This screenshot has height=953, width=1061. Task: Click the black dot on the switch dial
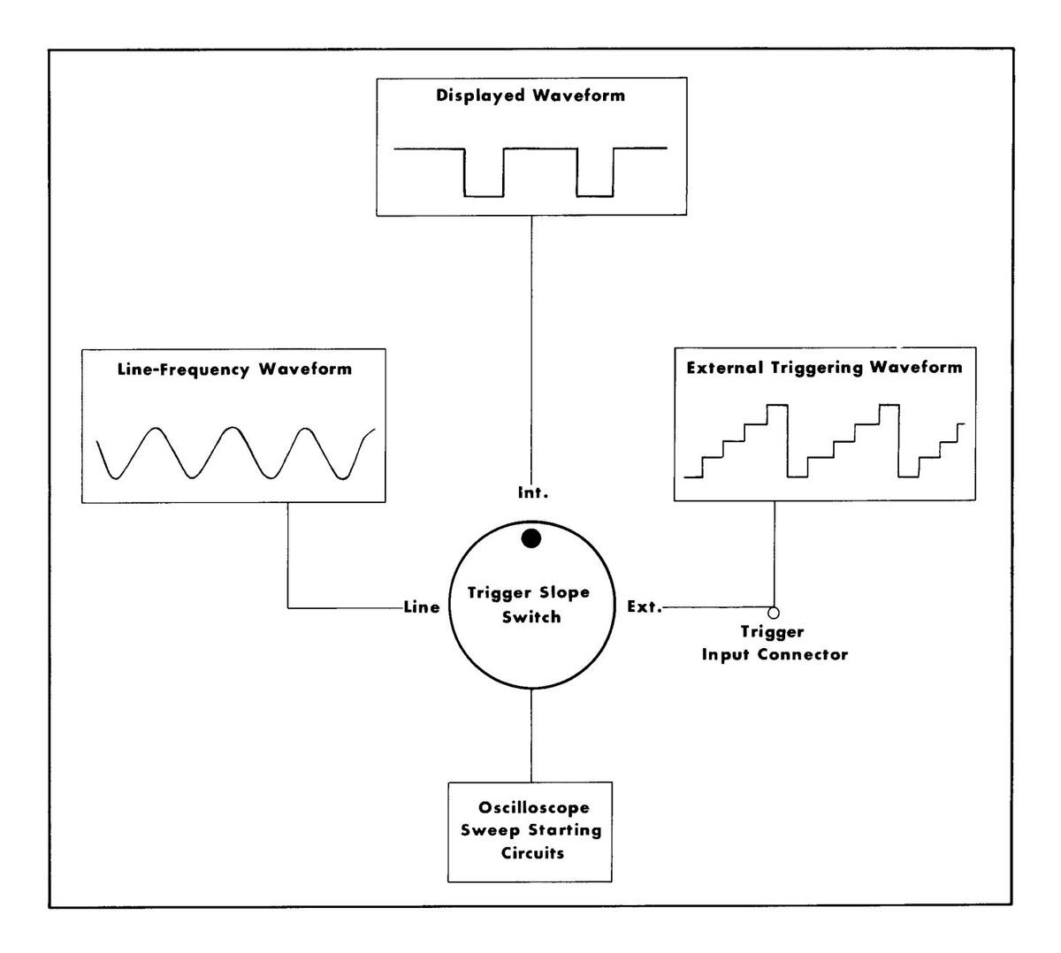point(530,538)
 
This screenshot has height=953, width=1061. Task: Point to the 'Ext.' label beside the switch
point(644,607)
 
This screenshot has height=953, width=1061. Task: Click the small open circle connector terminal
point(774,612)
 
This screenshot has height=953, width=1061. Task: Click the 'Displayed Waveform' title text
point(530,95)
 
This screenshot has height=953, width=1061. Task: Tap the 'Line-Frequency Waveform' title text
point(234,370)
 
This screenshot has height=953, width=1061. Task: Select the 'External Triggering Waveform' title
point(824,367)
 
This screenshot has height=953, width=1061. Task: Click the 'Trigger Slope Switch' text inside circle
point(530,605)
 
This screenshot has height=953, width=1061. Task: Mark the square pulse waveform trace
point(530,172)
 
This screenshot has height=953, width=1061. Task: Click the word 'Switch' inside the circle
point(530,617)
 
